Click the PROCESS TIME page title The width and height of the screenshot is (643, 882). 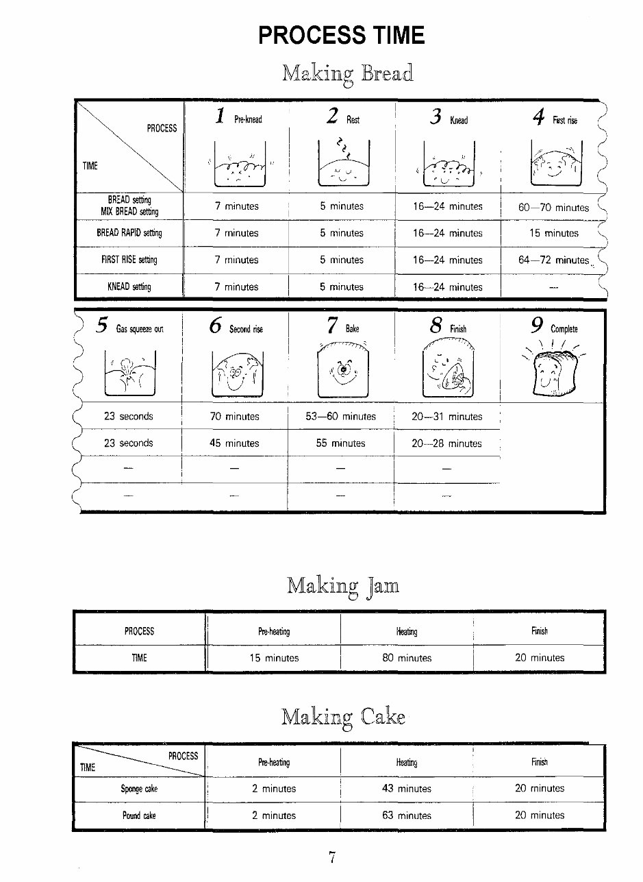(x=342, y=35)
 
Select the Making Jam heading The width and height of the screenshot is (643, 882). (x=342, y=586)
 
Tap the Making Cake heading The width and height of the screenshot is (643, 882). (x=343, y=718)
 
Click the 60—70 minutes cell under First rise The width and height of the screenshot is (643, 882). (x=554, y=208)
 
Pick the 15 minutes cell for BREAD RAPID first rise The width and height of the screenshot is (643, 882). (x=553, y=234)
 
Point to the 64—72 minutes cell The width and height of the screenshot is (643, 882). (x=554, y=260)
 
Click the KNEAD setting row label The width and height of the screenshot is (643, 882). (x=129, y=287)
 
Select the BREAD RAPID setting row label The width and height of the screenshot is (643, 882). (x=129, y=233)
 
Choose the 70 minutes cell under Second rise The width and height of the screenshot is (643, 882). (x=234, y=417)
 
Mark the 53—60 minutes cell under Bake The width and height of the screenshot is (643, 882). (x=340, y=417)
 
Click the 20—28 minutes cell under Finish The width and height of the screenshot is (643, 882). (x=446, y=443)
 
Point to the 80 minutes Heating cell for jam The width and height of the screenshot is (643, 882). (x=407, y=658)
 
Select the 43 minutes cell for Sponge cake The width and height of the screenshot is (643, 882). (x=407, y=789)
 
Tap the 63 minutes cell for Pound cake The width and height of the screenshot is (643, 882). (x=407, y=816)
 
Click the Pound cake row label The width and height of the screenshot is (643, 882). (x=140, y=816)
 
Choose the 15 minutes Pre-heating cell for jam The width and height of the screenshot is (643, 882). (x=274, y=658)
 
